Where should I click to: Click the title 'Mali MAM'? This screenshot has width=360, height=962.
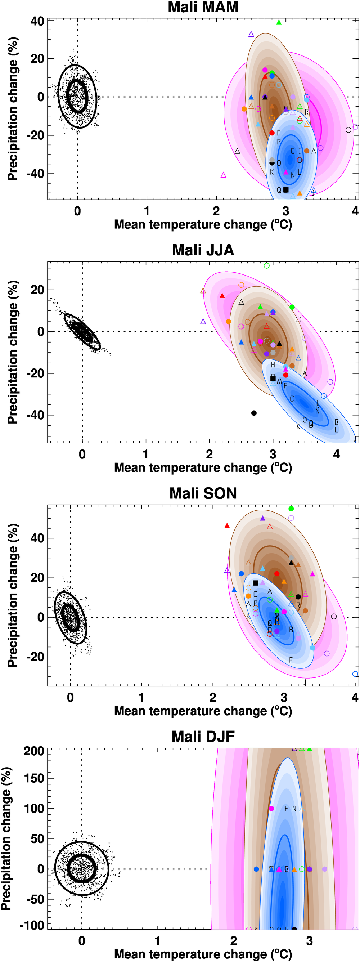coord(203,7)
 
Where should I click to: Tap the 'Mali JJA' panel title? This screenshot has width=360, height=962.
coord(203,250)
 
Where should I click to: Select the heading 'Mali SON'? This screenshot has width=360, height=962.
coord(203,493)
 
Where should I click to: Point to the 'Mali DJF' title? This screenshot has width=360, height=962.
coord(203,737)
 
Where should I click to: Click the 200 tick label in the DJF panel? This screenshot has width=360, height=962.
coord(33,751)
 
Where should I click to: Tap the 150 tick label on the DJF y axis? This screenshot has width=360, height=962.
coord(33,779)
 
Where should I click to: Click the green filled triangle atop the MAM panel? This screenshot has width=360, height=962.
coord(279,22)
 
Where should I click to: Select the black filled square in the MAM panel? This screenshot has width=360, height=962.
coord(286,190)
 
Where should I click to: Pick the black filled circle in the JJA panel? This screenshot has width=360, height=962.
coord(254,413)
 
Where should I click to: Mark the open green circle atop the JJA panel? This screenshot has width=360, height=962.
coord(267,266)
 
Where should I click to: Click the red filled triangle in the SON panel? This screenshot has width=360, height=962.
coord(227,526)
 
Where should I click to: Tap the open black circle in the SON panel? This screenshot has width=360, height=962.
coord(334,617)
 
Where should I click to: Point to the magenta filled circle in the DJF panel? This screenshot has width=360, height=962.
coord(271,809)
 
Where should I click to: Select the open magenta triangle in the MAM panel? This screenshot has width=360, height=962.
coord(223,175)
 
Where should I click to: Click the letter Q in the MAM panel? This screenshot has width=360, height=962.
coord(279,190)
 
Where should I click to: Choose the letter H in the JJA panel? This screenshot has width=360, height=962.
coord(273,365)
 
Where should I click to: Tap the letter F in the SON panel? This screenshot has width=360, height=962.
coord(291,660)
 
